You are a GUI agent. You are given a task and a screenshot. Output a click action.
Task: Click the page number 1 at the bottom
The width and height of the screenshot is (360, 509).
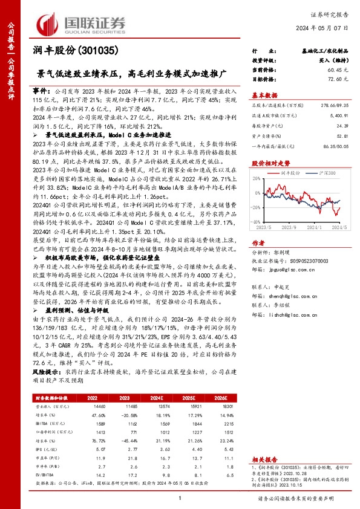pyautogui.click(x=180, y=498)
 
